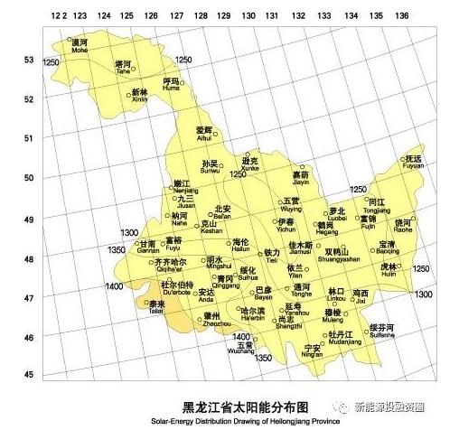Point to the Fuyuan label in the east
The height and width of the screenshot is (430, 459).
click(413, 163)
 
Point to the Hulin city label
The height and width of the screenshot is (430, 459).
click(389, 271)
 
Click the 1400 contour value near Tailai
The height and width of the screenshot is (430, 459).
click(114, 286)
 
